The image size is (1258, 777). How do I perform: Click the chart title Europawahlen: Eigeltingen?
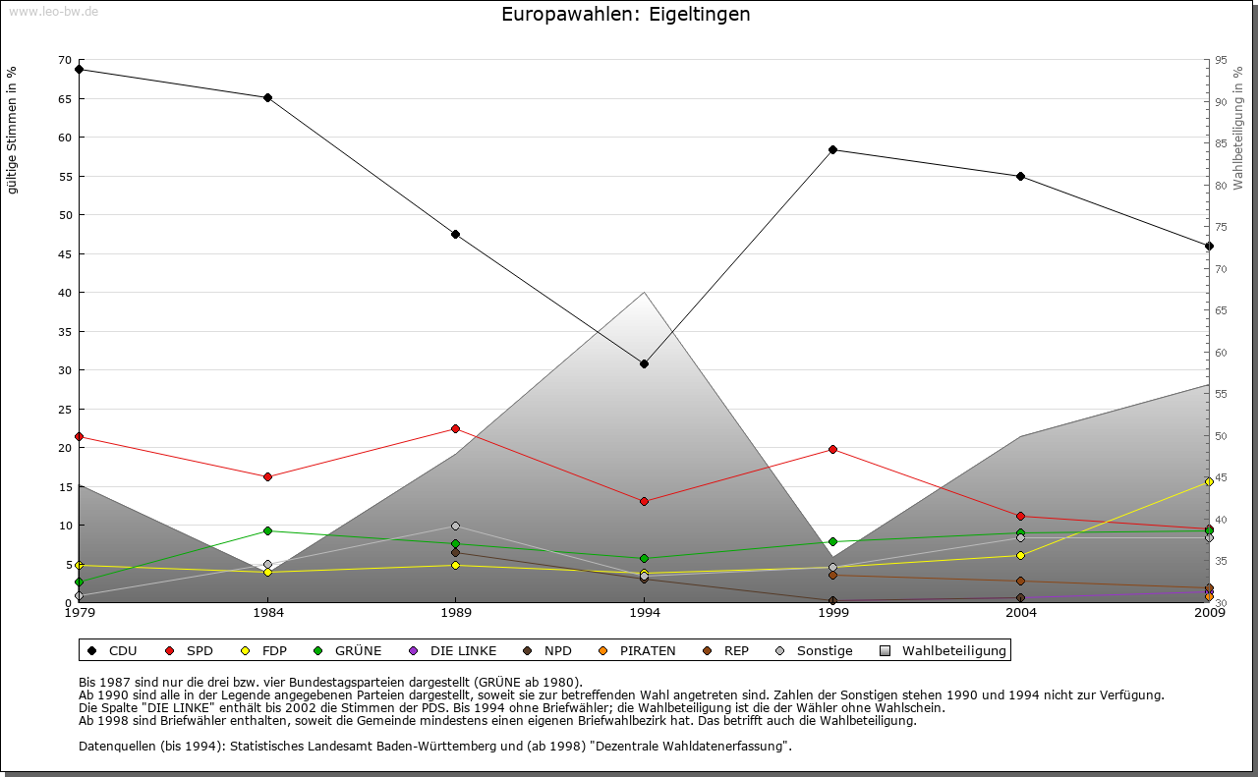(626, 15)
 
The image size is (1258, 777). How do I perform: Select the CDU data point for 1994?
(645, 363)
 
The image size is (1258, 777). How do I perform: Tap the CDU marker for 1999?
(832, 149)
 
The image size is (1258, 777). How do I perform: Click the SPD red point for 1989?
(456, 428)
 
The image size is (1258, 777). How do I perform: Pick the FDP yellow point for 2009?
(1209, 481)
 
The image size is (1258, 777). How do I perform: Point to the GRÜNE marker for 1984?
(267, 530)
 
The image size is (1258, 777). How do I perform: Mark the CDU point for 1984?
(267, 97)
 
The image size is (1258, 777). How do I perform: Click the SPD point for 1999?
(832, 449)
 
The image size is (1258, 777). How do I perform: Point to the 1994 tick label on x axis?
(645, 615)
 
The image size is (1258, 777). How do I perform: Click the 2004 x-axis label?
(1021, 615)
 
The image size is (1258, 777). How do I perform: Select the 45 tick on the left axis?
(65, 253)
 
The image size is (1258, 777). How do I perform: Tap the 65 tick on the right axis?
(1221, 310)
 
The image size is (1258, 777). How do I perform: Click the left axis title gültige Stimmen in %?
(13, 130)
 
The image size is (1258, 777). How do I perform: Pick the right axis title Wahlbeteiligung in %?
(1238, 129)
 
